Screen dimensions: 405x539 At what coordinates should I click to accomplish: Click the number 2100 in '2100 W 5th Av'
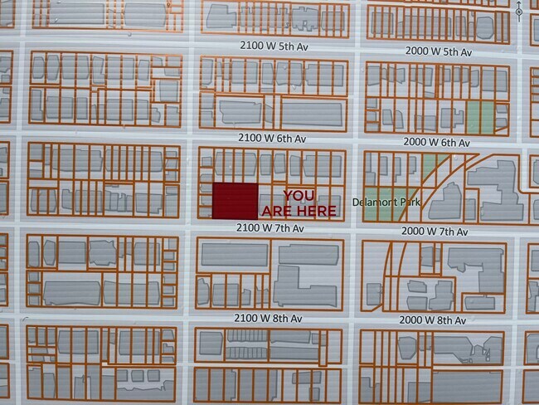click(250, 46)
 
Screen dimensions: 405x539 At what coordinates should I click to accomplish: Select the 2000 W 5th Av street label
click(438, 51)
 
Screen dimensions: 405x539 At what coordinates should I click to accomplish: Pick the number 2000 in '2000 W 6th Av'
click(415, 142)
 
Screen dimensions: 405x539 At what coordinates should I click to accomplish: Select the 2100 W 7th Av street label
click(271, 227)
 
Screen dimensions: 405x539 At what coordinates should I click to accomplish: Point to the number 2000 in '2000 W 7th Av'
click(413, 231)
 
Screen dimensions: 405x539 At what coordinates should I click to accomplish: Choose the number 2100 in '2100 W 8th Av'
click(249, 318)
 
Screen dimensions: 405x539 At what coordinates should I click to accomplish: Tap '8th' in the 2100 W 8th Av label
click(283, 318)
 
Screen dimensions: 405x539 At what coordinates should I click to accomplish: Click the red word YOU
click(299, 195)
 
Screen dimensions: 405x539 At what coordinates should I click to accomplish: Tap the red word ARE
click(278, 211)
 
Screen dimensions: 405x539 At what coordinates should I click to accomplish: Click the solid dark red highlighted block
click(235, 201)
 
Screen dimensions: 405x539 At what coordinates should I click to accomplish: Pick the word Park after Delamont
click(412, 202)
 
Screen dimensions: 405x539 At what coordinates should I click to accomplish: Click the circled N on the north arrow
click(518, 12)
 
